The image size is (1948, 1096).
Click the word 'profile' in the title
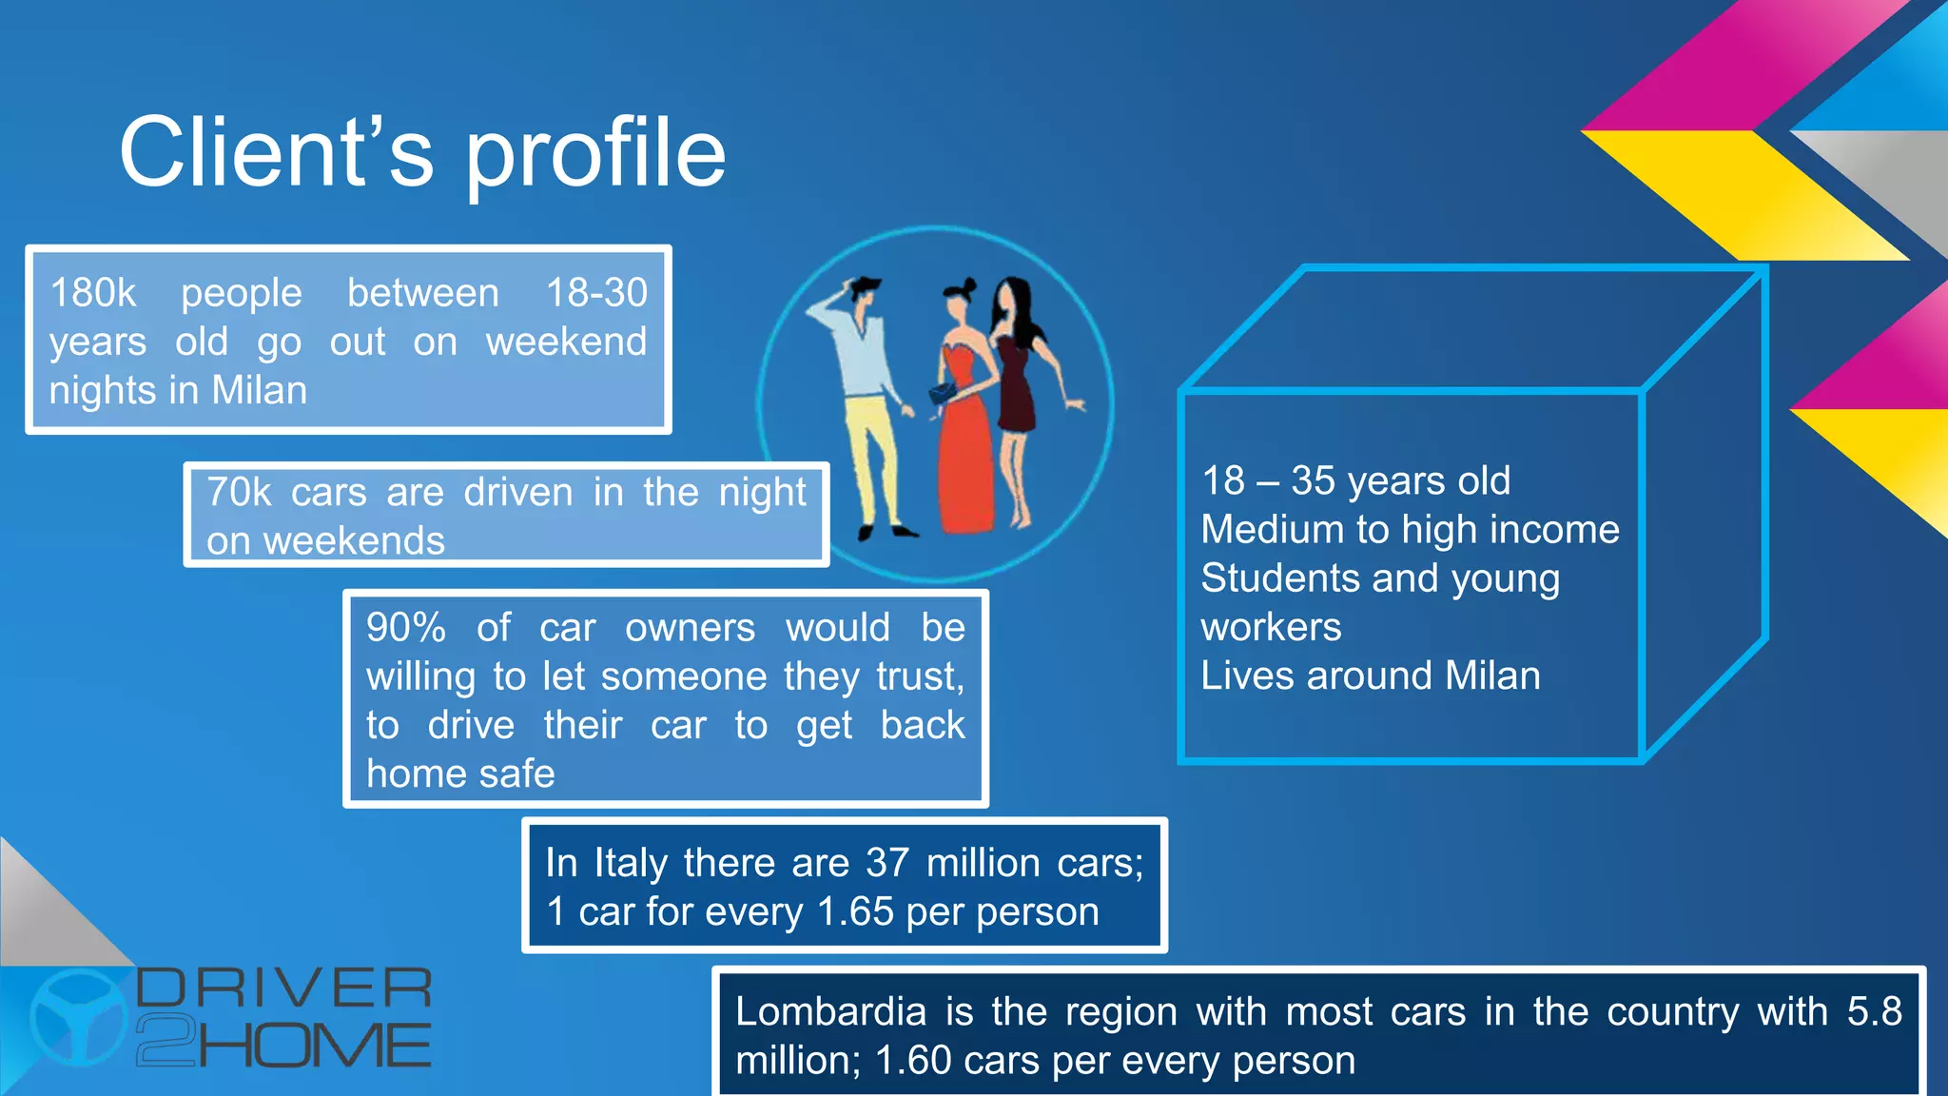pyautogui.click(x=595, y=154)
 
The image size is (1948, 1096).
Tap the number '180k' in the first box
pyautogui.click(x=93, y=293)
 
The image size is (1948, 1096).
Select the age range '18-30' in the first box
pyautogui.click(x=596, y=293)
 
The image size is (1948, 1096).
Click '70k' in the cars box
pyautogui.click(x=239, y=493)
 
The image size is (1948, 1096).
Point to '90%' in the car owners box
pyautogui.click(x=406, y=628)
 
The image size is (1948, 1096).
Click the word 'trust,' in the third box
pyautogui.click(x=920, y=676)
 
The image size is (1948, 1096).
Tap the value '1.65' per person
pyautogui.click(x=855, y=912)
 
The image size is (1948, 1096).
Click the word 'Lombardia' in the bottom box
pyautogui.click(x=830, y=1011)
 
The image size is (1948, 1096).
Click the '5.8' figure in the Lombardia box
pyautogui.click(x=1874, y=1011)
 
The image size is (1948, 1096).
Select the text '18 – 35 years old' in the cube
pyautogui.click(x=1355, y=481)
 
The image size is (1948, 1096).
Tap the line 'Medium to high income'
pyautogui.click(x=1410, y=530)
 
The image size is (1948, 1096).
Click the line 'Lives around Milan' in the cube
pyautogui.click(x=1370, y=676)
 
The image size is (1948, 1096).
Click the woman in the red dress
pyautogui.click(x=965, y=419)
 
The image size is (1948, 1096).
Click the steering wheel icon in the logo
pyautogui.click(x=79, y=1017)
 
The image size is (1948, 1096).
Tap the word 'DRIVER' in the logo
pyautogui.click(x=283, y=988)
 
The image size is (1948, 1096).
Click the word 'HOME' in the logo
pyautogui.click(x=314, y=1046)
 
